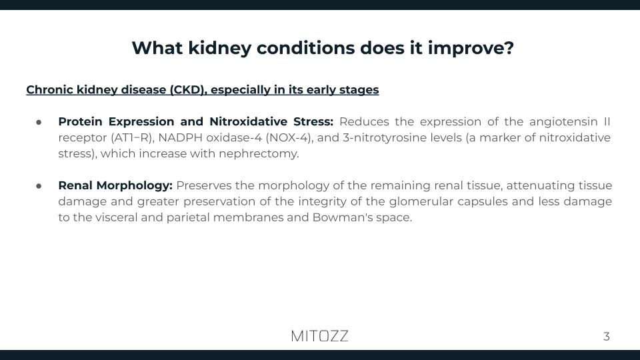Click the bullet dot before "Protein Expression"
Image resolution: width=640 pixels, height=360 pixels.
click(x=39, y=122)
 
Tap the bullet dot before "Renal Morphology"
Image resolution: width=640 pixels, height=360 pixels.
click(x=39, y=185)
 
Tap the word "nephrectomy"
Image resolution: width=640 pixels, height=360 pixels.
click(x=268, y=154)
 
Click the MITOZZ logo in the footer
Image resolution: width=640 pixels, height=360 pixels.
click(x=319, y=336)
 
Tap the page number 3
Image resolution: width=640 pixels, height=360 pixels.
click(x=606, y=337)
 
